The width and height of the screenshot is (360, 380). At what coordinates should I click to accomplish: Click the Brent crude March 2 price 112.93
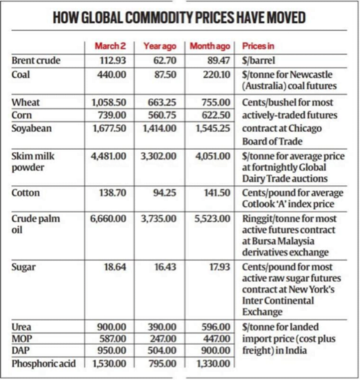[x=113, y=61]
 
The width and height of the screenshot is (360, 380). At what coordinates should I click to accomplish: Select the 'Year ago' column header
[x=160, y=46]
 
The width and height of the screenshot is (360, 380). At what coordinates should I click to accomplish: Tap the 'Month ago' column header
[x=210, y=46]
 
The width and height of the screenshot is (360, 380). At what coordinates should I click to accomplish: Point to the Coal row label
[x=20, y=74]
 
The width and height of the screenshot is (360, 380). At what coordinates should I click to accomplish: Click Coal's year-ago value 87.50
[x=165, y=75]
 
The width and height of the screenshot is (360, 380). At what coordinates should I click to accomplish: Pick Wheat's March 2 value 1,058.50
[x=109, y=103]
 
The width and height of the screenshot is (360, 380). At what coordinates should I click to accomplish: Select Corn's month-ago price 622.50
[x=216, y=115]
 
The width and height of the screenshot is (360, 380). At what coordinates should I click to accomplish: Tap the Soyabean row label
[x=31, y=128]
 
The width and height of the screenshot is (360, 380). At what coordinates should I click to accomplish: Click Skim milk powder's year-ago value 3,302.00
[x=158, y=156]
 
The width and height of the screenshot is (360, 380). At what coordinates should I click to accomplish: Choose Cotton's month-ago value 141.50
[x=217, y=193]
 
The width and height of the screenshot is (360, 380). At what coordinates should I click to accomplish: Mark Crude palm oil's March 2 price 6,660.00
[x=108, y=219]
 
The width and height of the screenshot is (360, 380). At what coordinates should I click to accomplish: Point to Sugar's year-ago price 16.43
[x=165, y=267]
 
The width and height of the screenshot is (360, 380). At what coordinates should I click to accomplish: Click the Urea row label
[x=22, y=327]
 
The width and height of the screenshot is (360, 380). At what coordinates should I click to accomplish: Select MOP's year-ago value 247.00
[x=163, y=339]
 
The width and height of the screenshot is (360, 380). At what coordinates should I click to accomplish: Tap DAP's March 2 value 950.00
[x=112, y=351]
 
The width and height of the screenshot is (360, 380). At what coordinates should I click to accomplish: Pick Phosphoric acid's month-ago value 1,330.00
[x=213, y=364]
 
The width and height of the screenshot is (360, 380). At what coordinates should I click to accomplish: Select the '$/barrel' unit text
[x=258, y=61]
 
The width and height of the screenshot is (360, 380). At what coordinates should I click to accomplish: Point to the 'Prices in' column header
[x=258, y=46]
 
